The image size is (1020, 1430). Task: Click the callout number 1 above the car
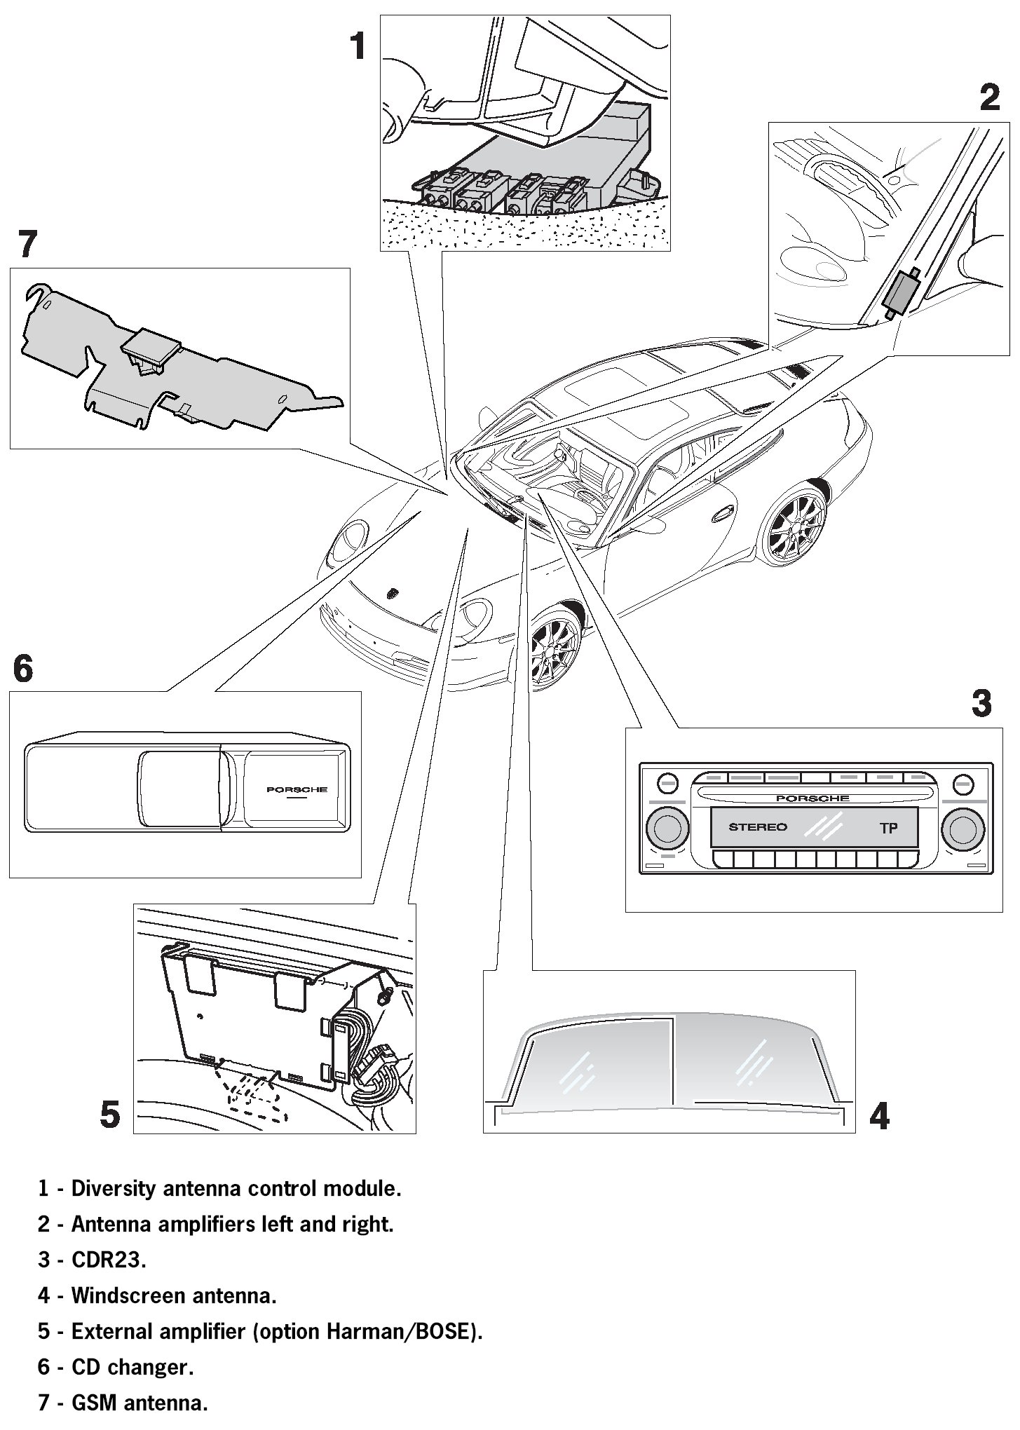[358, 47]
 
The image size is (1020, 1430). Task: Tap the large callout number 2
[989, 97]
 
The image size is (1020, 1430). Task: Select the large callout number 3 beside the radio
[981, 703]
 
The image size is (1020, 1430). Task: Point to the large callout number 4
[879, 1116]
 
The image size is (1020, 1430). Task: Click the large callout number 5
[110, 1114]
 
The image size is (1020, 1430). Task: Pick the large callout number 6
[23, 669]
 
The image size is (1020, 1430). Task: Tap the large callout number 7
[27, 245]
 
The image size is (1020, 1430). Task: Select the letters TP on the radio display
[888, 829]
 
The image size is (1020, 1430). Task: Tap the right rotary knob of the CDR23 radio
[963, 828]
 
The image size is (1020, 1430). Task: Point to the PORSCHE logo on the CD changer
[297, 790]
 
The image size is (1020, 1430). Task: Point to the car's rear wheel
[797, 525]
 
